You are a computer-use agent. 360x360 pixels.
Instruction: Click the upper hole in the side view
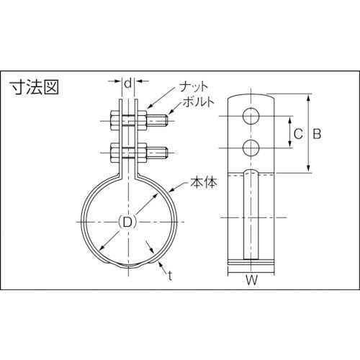250,116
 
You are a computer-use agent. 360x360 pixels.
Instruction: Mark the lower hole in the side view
250,148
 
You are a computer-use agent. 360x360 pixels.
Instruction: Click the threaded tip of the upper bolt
162,120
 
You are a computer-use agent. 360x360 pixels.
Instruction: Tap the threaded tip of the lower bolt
162,153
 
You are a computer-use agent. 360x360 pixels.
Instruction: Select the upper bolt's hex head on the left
114,120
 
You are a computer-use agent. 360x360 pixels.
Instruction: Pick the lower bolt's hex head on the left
114,153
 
